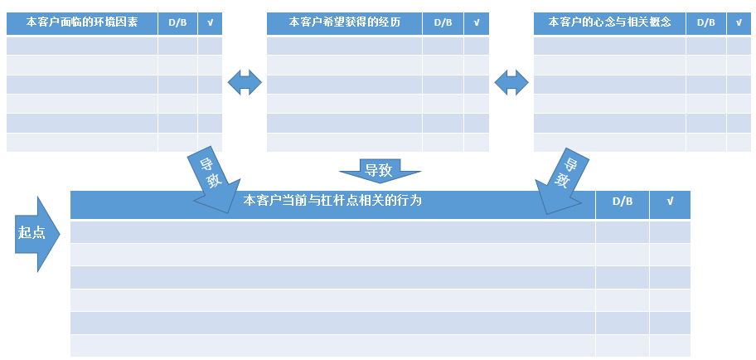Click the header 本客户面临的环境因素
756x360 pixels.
[x=82, y=23]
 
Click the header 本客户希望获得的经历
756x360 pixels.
[x=344, y=23]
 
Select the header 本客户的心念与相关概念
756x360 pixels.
[x=609, y=23]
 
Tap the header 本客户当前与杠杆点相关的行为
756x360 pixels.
[x=332, y=201]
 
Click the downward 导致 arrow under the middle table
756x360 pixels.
[x=379, y=170]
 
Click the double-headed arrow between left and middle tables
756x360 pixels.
[x=245, y=81]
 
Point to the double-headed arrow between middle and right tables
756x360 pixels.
[x=511, y=81]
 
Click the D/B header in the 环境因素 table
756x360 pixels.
[x=177, y=23]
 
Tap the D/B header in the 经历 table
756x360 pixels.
[x=443, y=23]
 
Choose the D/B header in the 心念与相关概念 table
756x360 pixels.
[x=706, y=23]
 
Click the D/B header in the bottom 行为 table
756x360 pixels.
[x=623, y=201]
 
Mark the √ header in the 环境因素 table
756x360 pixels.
[x=210, y=23]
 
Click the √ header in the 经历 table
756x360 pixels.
[x=476, y=23]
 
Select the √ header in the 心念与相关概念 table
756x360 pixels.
[x=739, y=23]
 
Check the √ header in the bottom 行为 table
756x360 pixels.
[x=670, y=201]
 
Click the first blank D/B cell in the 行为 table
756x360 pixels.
[x=623, y=232]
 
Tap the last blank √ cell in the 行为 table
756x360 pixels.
[x=670, y=346]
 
